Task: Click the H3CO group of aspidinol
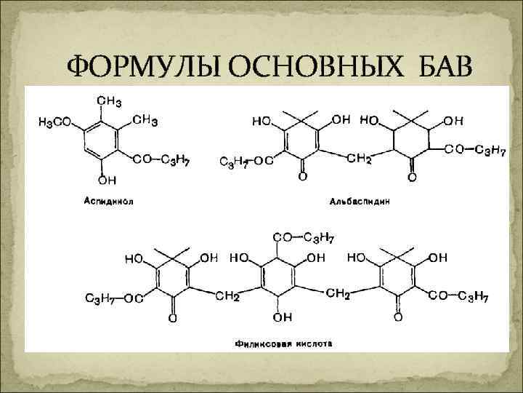click(x=54, y=123)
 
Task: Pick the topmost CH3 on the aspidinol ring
click(x=108, y=100)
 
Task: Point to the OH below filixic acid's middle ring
click(x=283, y=317)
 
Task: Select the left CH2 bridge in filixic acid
click(x=227, y=296)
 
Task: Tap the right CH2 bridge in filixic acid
click(x=338, y=293)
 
